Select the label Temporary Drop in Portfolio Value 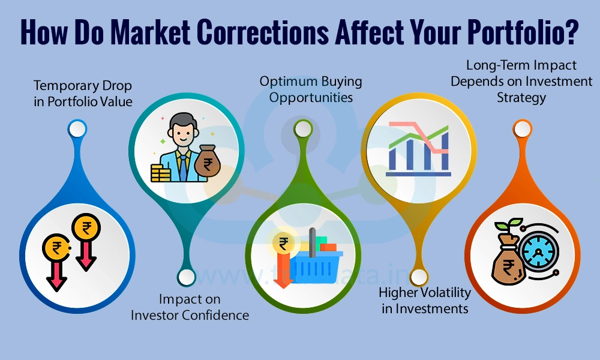[x=83, y=93]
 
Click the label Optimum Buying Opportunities [x=311, y=89]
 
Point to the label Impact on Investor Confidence [x=190, y=307]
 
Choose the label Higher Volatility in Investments [x=425, y=301]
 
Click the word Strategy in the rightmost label [x=521, y=97]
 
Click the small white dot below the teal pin [x=187, y=277]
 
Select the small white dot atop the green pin [x=304, y=128]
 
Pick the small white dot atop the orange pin [x=521, y=128]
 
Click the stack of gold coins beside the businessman [x=161, y=173]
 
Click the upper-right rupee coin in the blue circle [x=87, y=229]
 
